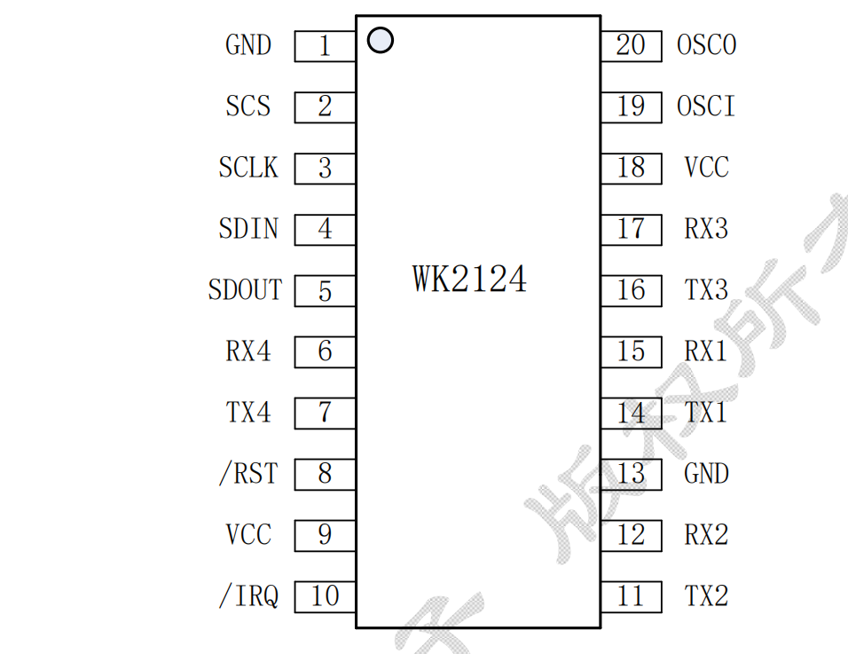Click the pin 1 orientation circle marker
380,40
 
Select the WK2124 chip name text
469,279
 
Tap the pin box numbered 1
325,46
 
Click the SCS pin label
247,106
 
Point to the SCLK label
248,168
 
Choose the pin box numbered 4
325,230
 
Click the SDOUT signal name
245,290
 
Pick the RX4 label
248,351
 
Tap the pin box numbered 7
325,414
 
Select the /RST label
248,474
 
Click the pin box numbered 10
325,597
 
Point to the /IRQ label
248,596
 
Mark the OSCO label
706,45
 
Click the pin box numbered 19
631,106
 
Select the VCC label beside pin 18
706,168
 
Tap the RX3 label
706,229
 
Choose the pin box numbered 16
631,290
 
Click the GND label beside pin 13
706,474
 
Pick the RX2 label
706,535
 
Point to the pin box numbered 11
631,596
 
